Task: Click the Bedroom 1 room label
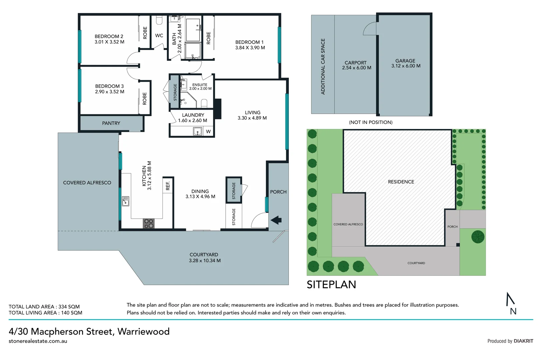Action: click(250, 42)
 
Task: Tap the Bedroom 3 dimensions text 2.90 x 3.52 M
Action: click(110, 92)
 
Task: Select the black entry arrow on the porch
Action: click(276, 220)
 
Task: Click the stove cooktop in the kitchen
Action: click(149, 223)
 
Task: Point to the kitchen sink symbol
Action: click(125, 201)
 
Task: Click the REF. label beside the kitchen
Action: click(168, 185)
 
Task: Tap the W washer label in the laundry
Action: click(208, 132)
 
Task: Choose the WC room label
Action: click(159, 36)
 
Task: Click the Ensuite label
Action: click(200, 85)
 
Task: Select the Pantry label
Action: click(111, 123)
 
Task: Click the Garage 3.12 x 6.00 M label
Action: click(405, 63)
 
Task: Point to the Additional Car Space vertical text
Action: click(323, 67)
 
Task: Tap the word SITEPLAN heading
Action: click(331, 285)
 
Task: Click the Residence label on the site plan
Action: click(401, 182)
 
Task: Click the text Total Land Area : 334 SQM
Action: click(44, 307)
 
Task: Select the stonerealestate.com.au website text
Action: click(38, 341)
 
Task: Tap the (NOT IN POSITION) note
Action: click(370, 122)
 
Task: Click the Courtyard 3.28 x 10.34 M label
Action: click(204, 258)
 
